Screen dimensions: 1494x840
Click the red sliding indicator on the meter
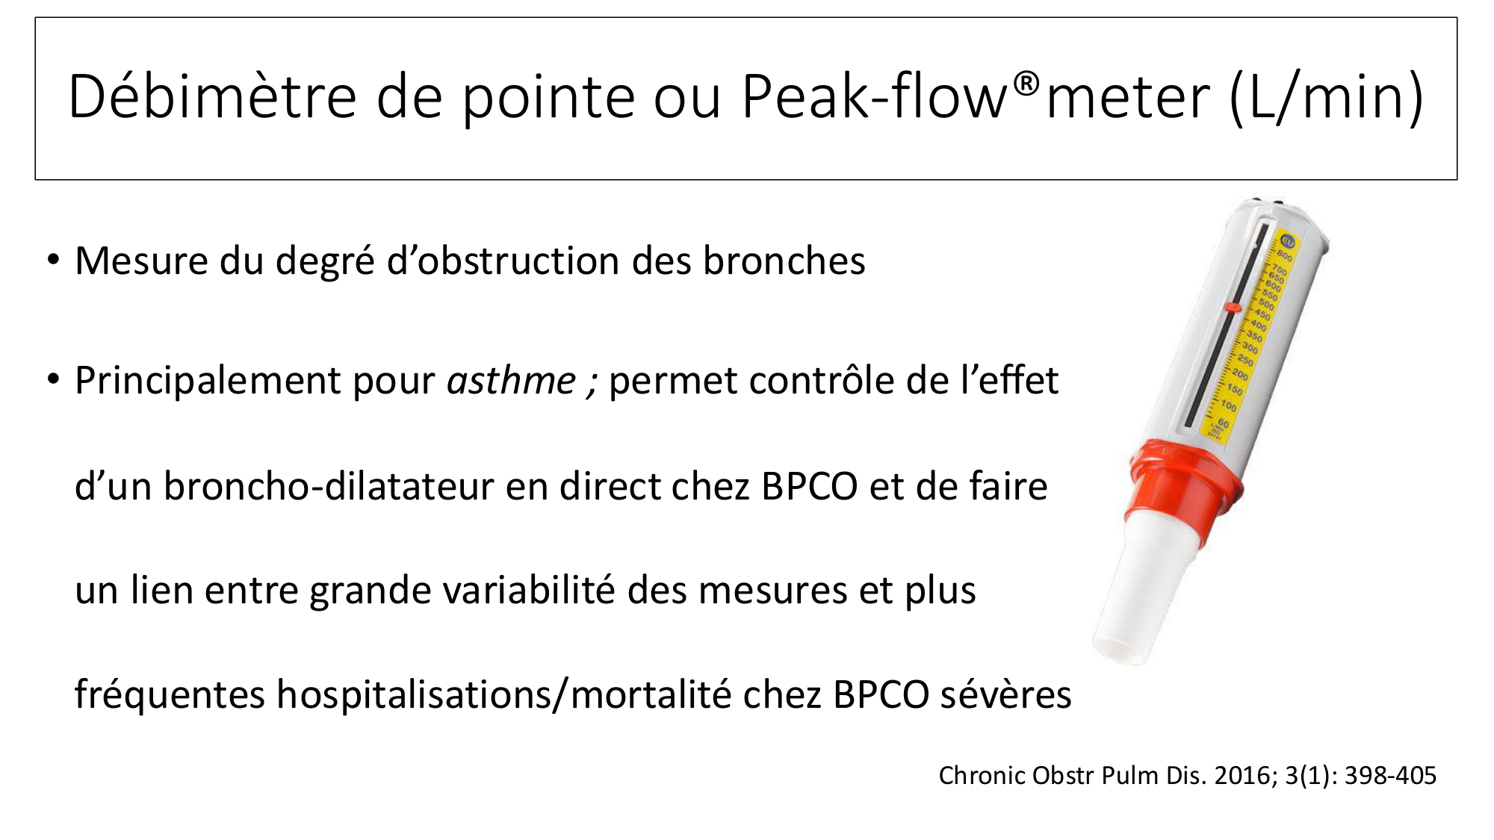pyautogui.click(x=1233, y=306)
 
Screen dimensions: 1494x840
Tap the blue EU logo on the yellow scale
pyautogui.click(x=1287, y=242)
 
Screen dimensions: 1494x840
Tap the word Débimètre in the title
pyautogui.click(x=212, y=96)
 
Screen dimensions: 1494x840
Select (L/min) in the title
pyautogui.click(x=1327, y=97)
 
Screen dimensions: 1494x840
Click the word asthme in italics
pyautogui.click(x=512, y=381)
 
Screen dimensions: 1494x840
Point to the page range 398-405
pyautogui.click(x=1390, y=776)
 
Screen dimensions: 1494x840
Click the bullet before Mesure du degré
pyautogui.click(x=52, y=261)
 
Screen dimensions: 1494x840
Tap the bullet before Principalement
pyautogui.click(x=52, y=380)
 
